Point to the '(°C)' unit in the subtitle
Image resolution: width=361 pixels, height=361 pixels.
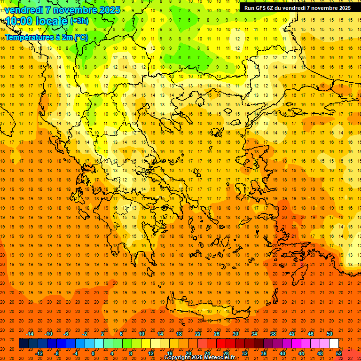tap(80, 37)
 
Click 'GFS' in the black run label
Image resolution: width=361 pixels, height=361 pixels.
tap(260, 8)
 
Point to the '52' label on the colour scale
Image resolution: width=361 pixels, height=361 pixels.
tap(339, 353)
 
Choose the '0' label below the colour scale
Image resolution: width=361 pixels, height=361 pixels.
tap(93, 353)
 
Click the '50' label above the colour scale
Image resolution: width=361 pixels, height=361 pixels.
tap(330, 334)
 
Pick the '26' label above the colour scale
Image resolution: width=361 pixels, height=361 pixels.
tap(217, 334)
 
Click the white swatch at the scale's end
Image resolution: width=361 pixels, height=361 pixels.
tap(334, 343)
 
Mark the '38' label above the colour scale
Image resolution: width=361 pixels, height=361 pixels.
tap(273, 334)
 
